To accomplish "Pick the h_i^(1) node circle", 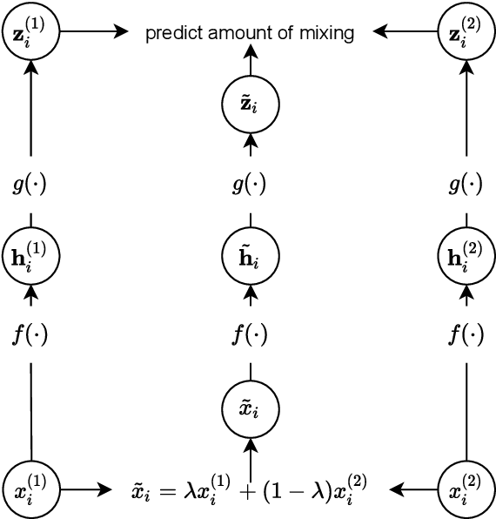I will coord(31,257).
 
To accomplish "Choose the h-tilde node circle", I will coord(251,257).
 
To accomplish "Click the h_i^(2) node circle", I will coord(465,257).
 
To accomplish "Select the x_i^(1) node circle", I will coord(31,489).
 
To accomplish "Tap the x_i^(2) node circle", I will coord(465,489).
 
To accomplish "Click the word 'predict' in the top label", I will coord(171,34).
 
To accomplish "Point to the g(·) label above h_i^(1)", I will coord(31,184).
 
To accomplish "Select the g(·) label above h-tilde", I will coord(251,184).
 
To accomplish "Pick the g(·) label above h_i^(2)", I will coord(465,184).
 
